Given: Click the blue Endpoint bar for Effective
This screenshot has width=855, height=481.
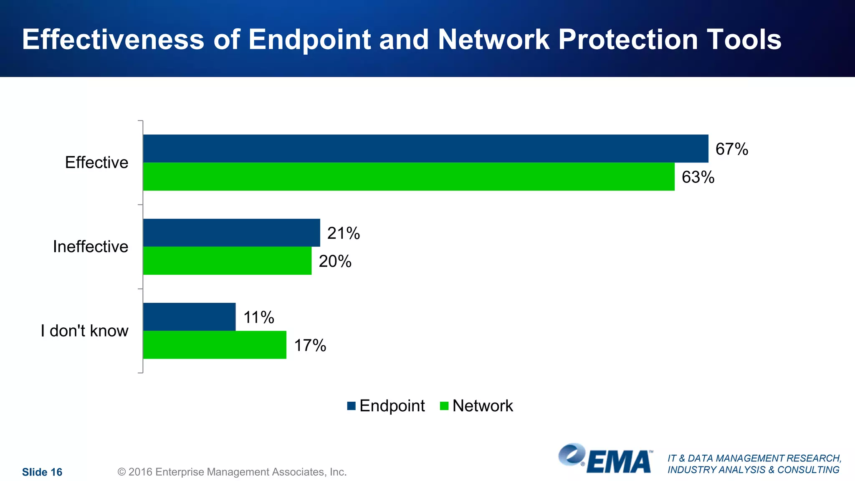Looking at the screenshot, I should pos(425,149).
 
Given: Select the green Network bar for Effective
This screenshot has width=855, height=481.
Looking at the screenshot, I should pos(409,177).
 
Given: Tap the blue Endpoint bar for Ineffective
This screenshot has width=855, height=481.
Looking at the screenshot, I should pos(231,233).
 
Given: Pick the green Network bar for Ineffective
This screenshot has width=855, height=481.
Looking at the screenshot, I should pos(227,261).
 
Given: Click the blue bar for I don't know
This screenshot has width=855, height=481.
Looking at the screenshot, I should pos(189,317).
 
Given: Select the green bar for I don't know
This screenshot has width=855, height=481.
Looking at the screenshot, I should pos(215,345).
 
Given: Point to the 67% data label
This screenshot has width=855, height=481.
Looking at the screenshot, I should pos(731,149).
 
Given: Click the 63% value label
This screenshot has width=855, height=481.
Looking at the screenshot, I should pos(698,177).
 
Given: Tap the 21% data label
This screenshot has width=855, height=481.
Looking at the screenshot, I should pos(343,233).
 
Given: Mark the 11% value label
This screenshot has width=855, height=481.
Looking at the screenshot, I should pos(258,317).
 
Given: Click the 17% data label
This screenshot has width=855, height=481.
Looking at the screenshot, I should pos(310,346).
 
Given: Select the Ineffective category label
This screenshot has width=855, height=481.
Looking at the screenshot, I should pos(90,247).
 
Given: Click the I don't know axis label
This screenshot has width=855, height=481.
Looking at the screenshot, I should pos(84,331).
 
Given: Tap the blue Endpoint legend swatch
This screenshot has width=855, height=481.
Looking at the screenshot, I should pos(351,406).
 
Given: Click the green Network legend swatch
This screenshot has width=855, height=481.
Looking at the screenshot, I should pos(444,406).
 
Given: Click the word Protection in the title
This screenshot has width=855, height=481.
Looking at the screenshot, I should pos(628,40).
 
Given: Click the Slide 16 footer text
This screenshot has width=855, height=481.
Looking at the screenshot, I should pos(42,472).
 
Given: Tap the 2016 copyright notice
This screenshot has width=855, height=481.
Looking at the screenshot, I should pos(232,472).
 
